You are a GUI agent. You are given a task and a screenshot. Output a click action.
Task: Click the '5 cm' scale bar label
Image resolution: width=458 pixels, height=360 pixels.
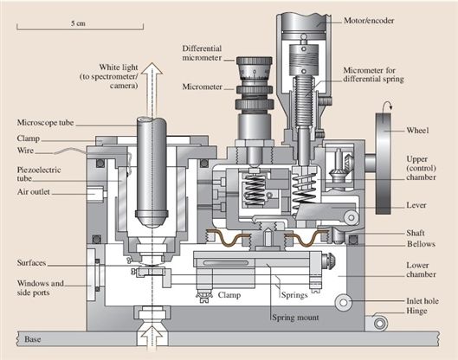point(78,23)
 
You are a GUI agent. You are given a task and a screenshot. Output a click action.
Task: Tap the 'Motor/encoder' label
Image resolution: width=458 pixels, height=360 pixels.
point(369,21)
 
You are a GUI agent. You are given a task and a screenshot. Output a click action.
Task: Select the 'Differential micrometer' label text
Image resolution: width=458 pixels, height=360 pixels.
point(202,53)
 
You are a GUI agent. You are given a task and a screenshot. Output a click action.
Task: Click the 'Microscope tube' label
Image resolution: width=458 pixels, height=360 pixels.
point(45,123)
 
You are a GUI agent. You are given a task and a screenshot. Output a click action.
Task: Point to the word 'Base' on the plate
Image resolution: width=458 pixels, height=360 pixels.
point(32,339)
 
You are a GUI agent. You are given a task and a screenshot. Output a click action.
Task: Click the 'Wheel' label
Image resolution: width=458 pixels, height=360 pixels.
point(417,130)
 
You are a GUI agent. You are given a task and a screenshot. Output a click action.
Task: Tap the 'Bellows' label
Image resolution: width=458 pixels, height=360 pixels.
point(421,244)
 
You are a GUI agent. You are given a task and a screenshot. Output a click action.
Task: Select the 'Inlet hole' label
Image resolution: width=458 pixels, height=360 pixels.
point(423,301)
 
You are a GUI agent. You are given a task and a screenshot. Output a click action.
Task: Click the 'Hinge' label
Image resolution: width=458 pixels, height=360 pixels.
point(416,311)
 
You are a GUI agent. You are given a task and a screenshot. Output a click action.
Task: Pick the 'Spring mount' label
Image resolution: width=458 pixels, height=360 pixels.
point(295,318)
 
